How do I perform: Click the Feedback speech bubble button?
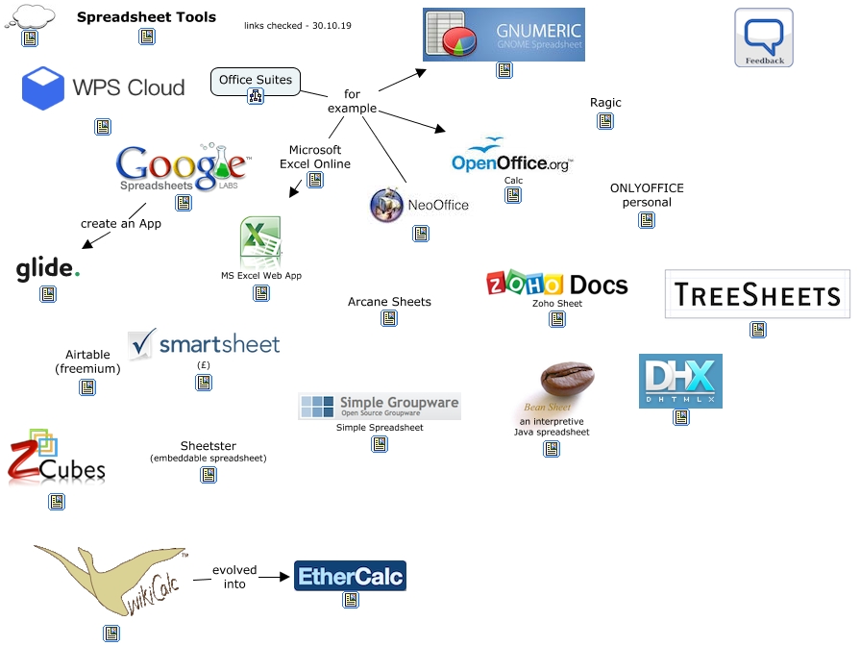(x=764, y=37)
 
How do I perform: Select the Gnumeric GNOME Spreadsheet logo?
(x=504, y=35)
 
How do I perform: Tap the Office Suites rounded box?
(x=255, y=81)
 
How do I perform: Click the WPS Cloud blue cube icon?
(x=43, y=88)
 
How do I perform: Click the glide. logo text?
(x=47, y=269)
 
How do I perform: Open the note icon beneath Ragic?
(x=605, y=121)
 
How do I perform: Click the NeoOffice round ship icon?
(x=386, y=205)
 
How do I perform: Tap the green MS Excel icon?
(x=260, y=241)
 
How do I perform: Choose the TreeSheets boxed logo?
(x=757, y=294)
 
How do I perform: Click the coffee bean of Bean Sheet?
(x=567, y=379)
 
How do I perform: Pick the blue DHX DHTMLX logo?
(x=680, y=381)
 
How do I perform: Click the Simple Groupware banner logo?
(x=380, y=407)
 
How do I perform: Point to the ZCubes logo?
(x=56, y=459)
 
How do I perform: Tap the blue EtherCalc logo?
(x=350, y=576)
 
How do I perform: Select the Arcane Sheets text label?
(x=389, y=302)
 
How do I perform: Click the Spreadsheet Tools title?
(x=146, y=17)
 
